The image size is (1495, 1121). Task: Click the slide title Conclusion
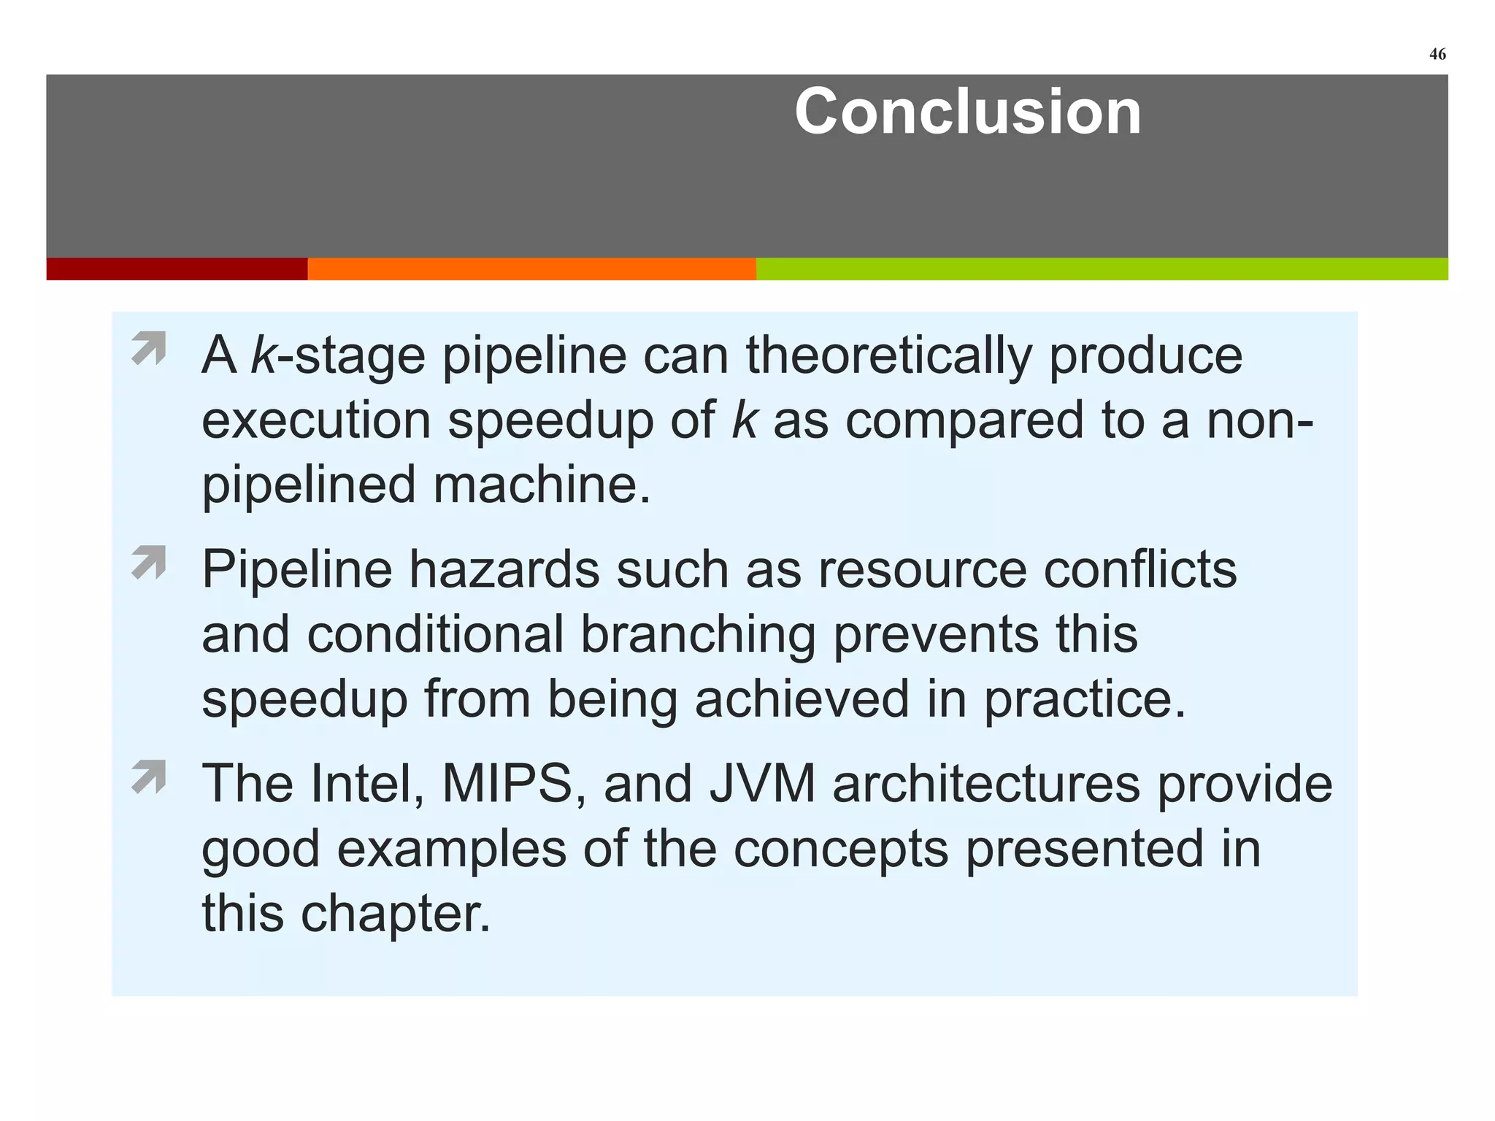coord(967,112)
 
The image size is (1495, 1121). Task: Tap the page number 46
coord(1437,55)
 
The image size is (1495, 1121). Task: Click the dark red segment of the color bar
coord(177,269)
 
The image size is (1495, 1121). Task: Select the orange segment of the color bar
coord(531,269)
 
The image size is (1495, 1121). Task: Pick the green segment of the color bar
coord(1102,269)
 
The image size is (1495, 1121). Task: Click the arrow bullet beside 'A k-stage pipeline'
coord(149,348)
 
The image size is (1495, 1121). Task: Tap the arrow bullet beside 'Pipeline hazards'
coord(149,563)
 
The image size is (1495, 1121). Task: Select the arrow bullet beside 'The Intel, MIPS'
coord(149,777)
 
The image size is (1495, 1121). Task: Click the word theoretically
coord(888,356)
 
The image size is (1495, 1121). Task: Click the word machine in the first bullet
coord(541,485)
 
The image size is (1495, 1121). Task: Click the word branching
coord(698,634)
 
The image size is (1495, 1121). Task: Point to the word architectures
coord(985,785)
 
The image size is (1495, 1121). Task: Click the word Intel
coord(366,785)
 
